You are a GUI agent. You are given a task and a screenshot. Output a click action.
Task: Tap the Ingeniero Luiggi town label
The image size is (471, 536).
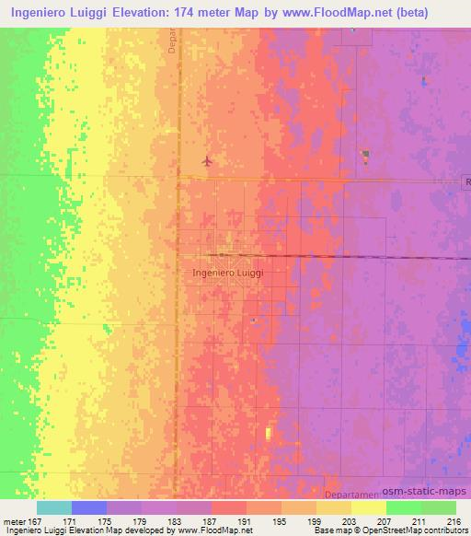[x=229, y=273]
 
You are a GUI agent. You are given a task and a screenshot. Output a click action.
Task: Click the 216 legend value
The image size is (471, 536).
[x=454, y=521]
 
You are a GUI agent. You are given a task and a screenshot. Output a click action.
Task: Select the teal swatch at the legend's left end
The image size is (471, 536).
[x=54, y=507]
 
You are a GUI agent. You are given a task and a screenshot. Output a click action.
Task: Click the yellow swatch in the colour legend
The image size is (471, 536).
[x=368, y=507]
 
